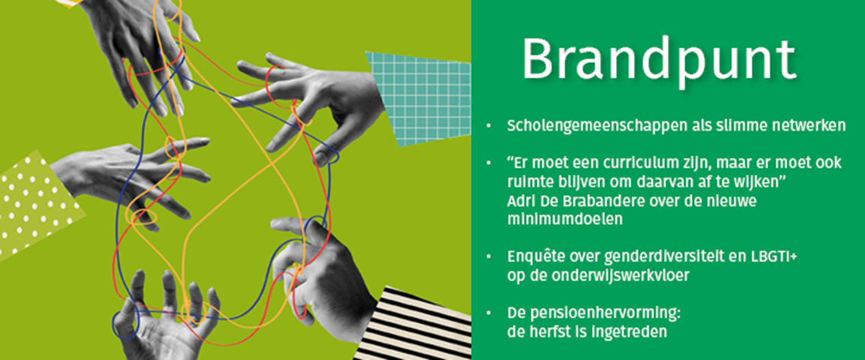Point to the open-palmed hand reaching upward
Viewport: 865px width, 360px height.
pyautogui.click(x=166, y=317)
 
